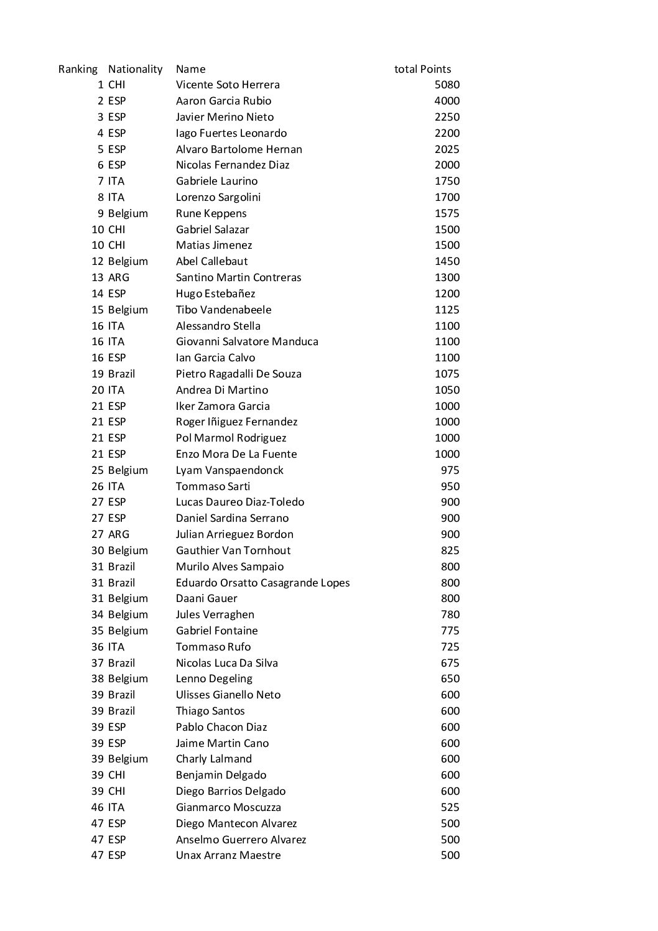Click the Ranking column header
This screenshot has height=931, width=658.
pos(78,69)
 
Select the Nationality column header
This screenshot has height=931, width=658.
pos(135,69)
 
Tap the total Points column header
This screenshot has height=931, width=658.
pos(422,69)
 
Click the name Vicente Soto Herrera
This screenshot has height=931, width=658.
pos(228,85)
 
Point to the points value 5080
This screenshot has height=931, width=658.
pos(447,85)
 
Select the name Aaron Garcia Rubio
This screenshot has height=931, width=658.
pos(223,101)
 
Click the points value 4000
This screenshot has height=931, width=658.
pos(447,101)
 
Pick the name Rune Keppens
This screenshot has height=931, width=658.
pos(211,213)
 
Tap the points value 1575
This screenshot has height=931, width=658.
pos(447,213)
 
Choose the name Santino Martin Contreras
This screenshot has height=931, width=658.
pos(238,277)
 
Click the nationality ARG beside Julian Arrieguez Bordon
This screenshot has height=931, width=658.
pos(119,534)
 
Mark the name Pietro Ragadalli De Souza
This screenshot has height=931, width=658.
pos(238,374)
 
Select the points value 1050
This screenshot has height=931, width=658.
pos(447,390)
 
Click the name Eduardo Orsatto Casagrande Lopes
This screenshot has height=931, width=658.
pos(262,583)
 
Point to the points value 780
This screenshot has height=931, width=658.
pos(450,614)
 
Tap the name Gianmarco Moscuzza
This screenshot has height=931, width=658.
pos(228,807)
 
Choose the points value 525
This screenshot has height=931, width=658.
pos(450,807)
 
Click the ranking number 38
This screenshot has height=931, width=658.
pos(98,679)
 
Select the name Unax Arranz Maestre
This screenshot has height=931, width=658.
pos(228,855)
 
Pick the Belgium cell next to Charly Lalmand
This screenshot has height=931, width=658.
pos(128,759)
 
